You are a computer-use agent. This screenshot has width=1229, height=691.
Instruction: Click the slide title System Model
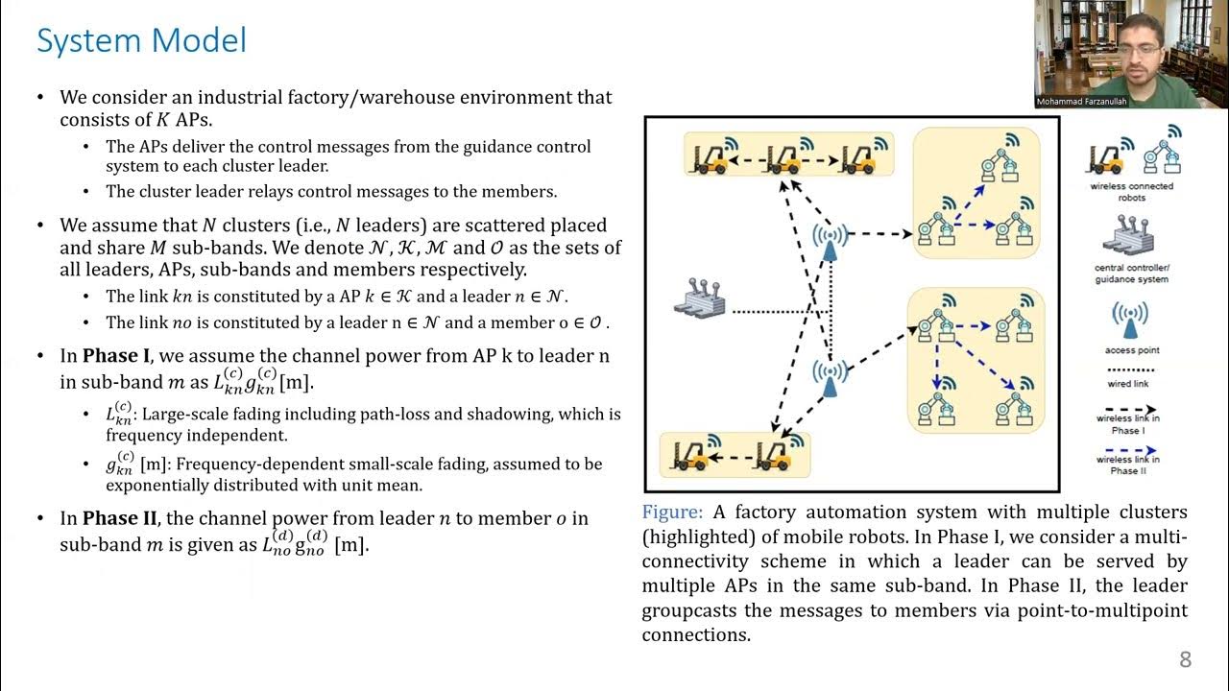[x=141, y=40]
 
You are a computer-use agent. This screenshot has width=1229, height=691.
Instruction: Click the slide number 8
[x=1185, y=659]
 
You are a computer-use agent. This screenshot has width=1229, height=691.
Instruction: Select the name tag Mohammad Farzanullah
[x=1081, y=102]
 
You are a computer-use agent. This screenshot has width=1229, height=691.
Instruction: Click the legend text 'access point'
[x=1132, y=350]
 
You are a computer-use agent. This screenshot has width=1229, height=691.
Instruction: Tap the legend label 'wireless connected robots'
[x=1132, y=192]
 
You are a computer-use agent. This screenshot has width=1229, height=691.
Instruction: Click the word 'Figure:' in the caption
[x=672, y=512]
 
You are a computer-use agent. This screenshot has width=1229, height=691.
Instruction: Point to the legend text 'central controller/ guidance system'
[x=1132, y=274]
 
